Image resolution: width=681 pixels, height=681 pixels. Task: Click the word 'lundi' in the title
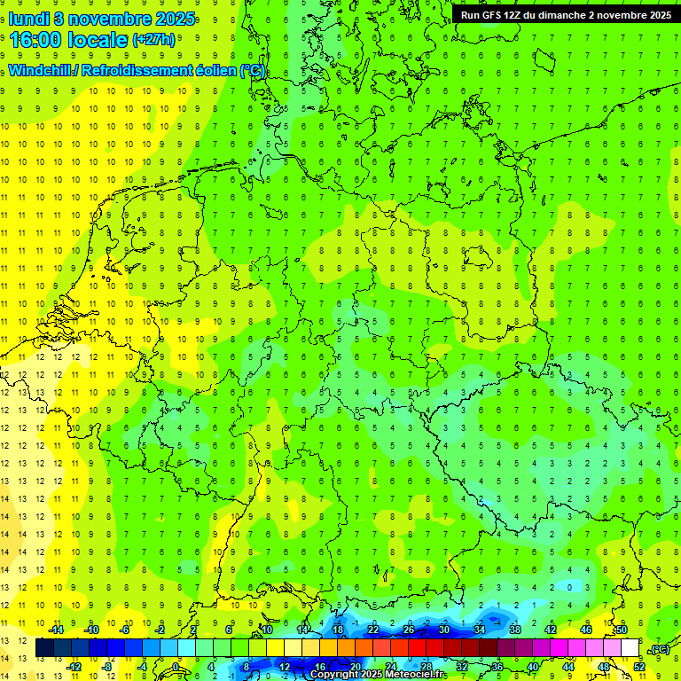[x=27, y=17]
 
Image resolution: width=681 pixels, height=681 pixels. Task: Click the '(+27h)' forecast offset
[x=153, y=40]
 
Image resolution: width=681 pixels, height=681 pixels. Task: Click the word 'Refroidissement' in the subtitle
[x=138, y=71]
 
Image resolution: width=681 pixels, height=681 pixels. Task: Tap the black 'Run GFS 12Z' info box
[x=565, y=14]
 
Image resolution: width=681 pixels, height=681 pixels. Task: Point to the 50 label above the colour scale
[x=622, y=630]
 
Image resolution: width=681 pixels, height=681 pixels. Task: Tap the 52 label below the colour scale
[x=638, y=667]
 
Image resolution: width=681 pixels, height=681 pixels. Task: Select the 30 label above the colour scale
[x=444, y=630]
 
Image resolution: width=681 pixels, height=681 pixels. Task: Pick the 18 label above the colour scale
[x=338, y=630]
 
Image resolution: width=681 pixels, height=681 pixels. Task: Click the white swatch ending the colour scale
[x=630, y=648]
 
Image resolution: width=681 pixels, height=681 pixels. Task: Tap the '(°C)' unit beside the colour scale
[x=659, y=649]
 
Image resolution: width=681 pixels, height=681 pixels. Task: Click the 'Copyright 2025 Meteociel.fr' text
[x=376, y=675]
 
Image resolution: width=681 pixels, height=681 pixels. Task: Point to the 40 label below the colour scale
[x=532, y=667]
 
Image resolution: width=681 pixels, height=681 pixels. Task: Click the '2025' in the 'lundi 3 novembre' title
[x=175, y=17]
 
